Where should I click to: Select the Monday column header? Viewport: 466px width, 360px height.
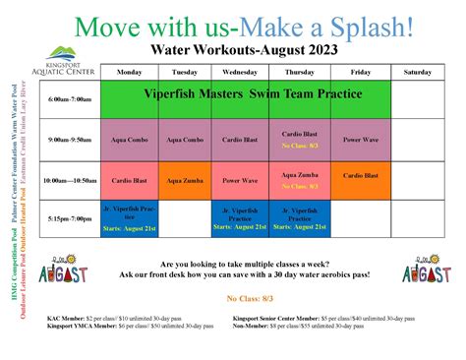pos(129,72)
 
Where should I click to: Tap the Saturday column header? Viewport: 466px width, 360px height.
pos(416,72)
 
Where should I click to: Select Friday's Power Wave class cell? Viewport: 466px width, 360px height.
pos(359,141)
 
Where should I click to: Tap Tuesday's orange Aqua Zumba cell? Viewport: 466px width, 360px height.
pos(185,180)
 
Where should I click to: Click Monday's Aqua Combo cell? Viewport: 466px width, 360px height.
pos(129,141)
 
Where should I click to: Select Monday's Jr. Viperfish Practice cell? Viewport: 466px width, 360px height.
pos(129,218)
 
